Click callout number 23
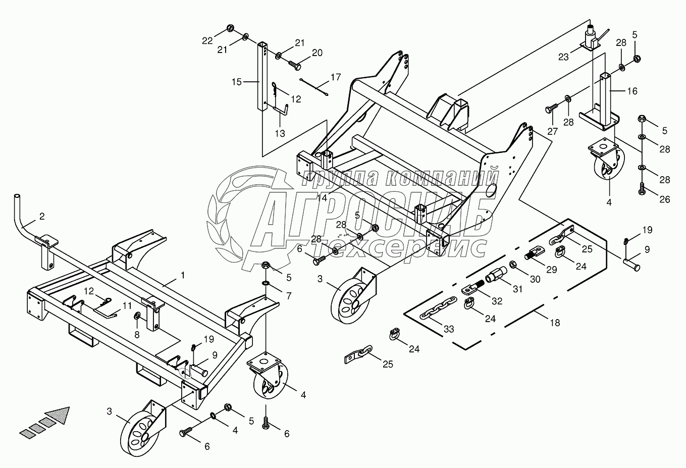(x=563, y=57)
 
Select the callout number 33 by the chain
(x=449, y=329)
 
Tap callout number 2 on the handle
(x=42, y=217)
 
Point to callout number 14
(x=323, y=197)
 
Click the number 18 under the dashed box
(x=554, y=323)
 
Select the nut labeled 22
(x=230, y=28)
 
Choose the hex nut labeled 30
(x=513, y=264)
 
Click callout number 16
(x=632, y=91)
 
